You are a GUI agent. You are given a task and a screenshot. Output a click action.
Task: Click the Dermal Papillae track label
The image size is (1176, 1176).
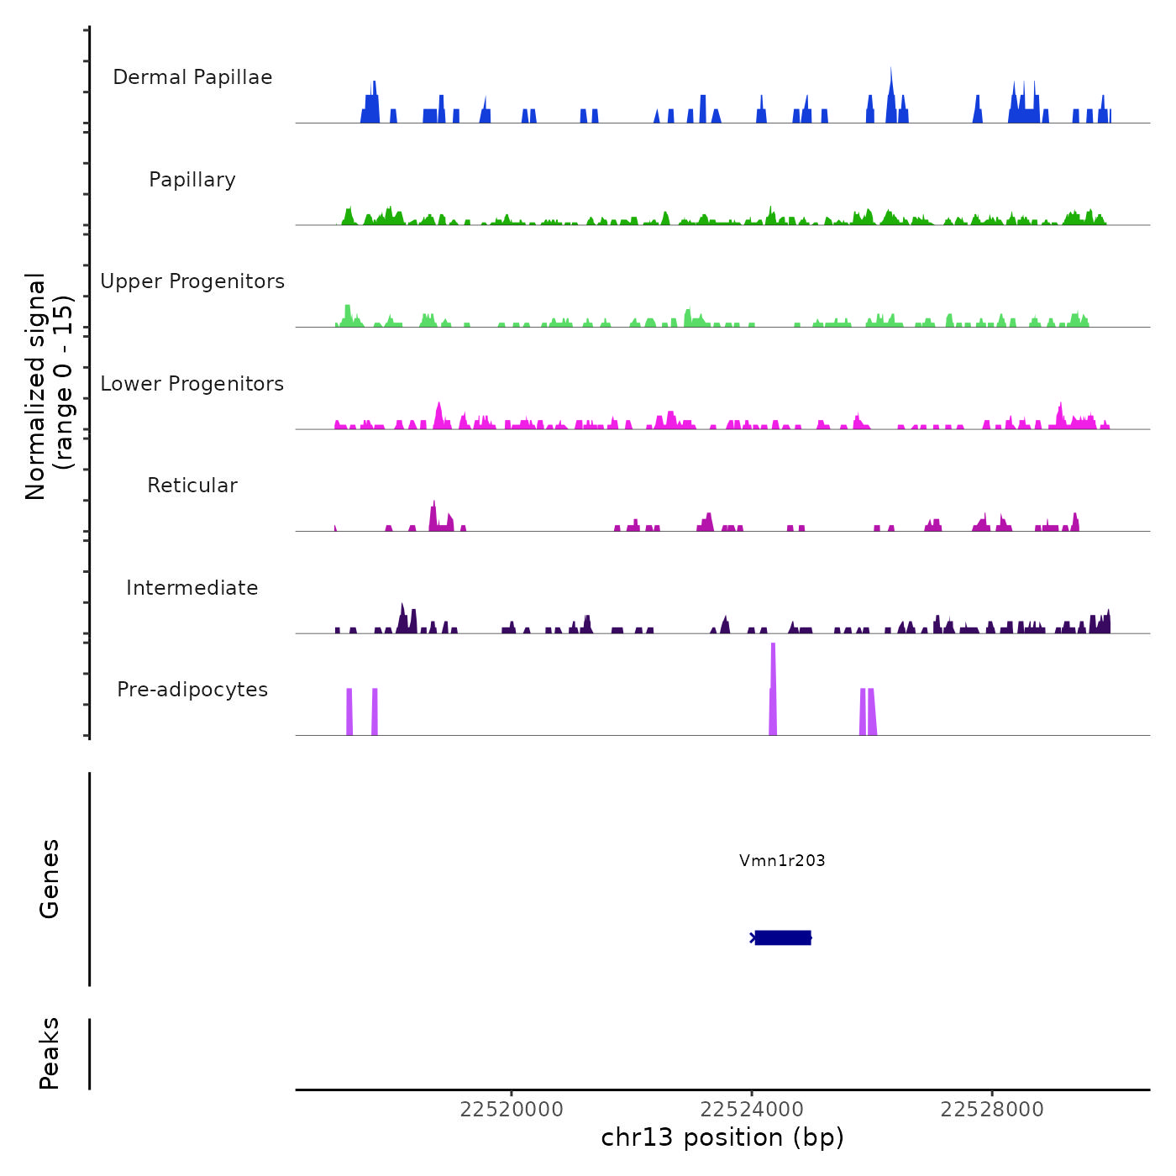point(192,77)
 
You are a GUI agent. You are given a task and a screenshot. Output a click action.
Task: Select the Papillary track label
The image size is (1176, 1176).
point(192,180)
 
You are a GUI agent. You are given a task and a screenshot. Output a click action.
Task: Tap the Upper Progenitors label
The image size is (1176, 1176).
point(192,281)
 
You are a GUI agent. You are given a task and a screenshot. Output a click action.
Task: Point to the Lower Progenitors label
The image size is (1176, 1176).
point(192,384)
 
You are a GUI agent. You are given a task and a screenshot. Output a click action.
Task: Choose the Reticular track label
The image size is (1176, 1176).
point(192,486)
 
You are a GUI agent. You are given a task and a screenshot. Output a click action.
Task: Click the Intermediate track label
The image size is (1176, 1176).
point(192,588)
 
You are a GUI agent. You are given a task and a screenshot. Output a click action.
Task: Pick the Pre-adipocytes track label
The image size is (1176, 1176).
point(192,690)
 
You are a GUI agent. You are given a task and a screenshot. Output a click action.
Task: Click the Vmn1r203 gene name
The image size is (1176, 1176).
point(782,860)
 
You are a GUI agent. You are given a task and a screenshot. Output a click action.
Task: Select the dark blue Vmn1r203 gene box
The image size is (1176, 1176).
point(783,937)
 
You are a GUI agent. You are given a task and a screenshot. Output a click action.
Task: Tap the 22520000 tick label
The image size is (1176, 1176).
point(512,1110)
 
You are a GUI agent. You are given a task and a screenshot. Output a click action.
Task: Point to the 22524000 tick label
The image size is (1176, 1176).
point(752,1110)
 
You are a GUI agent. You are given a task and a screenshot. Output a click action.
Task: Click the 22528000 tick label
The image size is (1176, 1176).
point(992,1110)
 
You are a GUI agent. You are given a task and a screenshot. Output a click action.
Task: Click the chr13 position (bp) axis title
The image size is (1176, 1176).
point(722,1137)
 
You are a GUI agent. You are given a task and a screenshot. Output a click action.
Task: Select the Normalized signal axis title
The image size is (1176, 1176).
point(49,386)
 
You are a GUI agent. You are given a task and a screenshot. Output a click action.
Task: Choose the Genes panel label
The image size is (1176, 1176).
point(50,879)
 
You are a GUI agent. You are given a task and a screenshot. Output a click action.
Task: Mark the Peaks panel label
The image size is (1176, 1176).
point(50,1053)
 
